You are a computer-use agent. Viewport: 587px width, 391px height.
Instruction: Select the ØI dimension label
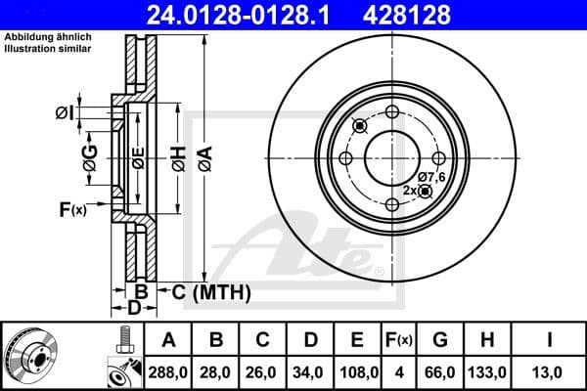pos(65,114)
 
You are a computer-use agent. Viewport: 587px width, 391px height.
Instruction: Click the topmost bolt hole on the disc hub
pos(392,111)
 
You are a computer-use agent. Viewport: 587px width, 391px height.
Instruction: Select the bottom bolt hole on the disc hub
pos(392,203)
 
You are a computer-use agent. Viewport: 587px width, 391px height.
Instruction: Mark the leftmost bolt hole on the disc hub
pos(345,158)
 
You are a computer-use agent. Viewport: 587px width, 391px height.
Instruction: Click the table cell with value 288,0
pos(168,371)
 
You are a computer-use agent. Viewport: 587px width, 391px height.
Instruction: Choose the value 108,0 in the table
pos(358,371)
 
